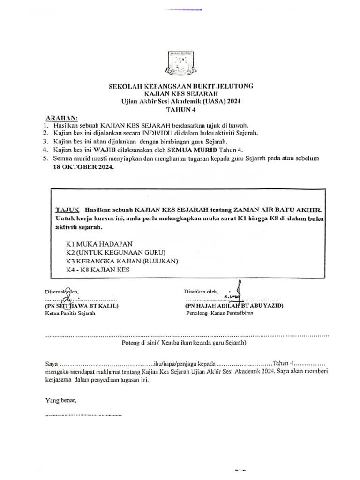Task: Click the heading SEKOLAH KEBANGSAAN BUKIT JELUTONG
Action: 181,86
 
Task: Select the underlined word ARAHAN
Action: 61,118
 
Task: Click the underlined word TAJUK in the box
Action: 67,210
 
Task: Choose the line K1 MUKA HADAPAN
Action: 99,244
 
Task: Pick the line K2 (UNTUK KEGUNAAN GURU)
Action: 115,252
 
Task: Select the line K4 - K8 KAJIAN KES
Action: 97,270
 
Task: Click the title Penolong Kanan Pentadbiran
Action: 219,313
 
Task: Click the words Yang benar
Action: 60,400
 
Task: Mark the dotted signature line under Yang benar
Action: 83,415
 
